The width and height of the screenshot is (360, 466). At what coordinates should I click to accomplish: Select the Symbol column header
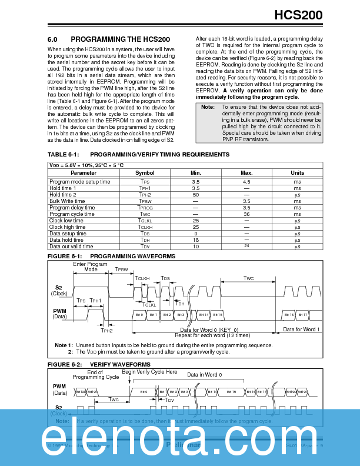coord(145,173)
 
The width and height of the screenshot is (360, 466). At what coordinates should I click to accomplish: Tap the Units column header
coord(297,173)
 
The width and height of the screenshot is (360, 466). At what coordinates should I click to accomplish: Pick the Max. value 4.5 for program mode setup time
coord(246,182)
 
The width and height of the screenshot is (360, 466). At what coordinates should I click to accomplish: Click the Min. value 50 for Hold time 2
coord(196,194)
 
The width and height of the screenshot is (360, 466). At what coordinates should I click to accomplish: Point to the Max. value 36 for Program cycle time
coord(246,214)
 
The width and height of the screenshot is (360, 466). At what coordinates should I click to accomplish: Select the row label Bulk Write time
coord(67,201)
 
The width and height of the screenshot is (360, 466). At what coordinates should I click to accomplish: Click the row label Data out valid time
coord(71,246)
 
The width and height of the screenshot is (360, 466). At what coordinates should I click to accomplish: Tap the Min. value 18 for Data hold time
coord(196,240)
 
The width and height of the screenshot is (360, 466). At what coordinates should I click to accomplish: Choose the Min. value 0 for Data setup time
coord(196,234)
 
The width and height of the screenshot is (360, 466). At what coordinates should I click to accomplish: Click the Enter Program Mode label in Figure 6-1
coord(90,267)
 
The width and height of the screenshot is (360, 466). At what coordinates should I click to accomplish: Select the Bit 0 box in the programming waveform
coord(139,315)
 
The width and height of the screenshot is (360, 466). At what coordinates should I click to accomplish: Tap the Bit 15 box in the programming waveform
coord(216,315)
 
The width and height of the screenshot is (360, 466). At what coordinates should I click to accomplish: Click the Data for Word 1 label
coord(301,329)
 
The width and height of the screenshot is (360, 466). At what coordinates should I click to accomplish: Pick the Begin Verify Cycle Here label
coord(149,372)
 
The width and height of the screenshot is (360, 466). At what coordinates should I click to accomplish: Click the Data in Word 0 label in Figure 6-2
coord(204,375)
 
